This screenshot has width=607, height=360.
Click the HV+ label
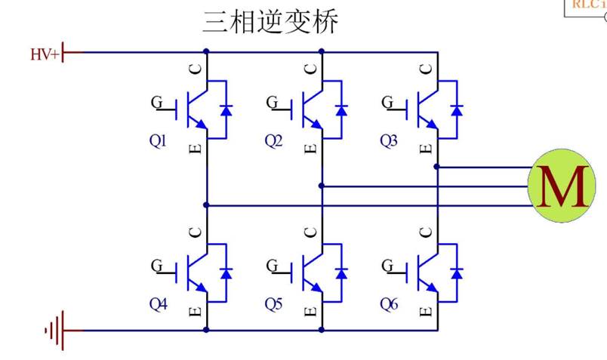[x=45, y=54]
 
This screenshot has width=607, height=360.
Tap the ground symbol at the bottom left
[x=55, y=331]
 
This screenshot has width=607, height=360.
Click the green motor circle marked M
[x=562, y=186]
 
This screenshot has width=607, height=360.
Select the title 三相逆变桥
[x=270, y=22]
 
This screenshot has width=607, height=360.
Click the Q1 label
[x=158, y=140]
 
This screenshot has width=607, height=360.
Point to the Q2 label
[x=273, y=140]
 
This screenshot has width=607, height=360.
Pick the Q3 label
[x=389, y=140]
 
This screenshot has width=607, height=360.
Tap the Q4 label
[x=159, y=304]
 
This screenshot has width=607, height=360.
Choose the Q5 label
[x=273, y=304]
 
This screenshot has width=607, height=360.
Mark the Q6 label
[x=389, y=304]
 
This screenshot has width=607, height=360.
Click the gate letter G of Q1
[x=157, y=102]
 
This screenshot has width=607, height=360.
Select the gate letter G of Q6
[x=387, y=266]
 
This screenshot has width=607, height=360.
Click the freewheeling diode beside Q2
[x=341, y=111]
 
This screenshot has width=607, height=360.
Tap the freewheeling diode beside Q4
[x=226, y=274]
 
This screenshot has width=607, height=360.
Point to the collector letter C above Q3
[x=427, y=69]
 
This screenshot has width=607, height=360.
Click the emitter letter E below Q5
[x=311, y=312]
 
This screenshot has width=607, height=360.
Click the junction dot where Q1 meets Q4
[x=206, y=205]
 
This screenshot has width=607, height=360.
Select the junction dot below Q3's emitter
[x=436, y=167]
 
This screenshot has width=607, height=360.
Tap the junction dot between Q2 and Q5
[x=322, y=186]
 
